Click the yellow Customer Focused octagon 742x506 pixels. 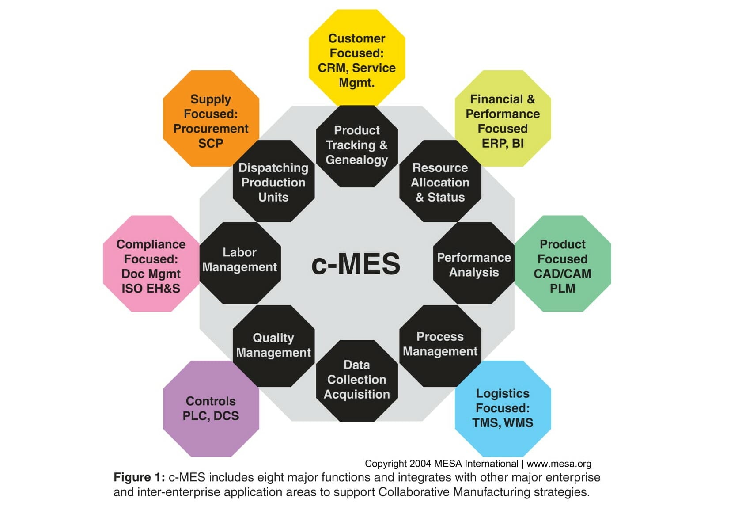point(357,57)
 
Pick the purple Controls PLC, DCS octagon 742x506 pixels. point(211,409)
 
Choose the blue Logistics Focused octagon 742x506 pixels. point(503,409)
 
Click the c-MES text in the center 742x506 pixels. point(356,264)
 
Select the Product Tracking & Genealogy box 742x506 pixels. point(357,145)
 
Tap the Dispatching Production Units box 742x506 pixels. point(273,182)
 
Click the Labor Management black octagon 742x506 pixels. point(240,262)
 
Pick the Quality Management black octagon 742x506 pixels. point(273,346)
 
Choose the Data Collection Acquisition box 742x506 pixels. point(357,380)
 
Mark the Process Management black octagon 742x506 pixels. point(440,345)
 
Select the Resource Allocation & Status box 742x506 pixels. point(440,182)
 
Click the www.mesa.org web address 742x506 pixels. point(559,464)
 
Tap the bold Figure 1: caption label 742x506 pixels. point(139,478)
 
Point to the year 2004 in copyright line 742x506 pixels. point(420,464)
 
